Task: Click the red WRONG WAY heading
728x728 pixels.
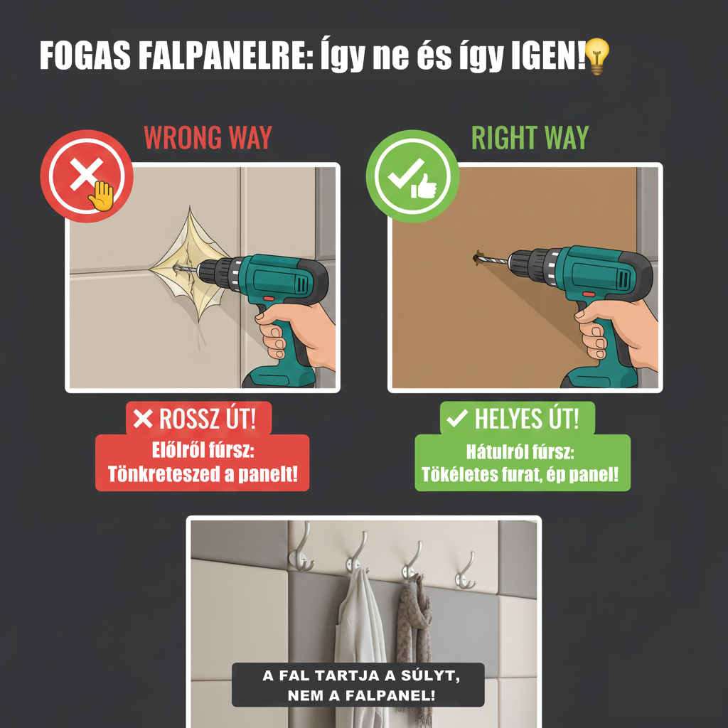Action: point(208,137)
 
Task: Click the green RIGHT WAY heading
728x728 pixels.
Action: point(530,137)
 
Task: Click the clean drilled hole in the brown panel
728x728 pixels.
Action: point(477,256)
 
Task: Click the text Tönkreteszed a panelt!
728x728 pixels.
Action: point(202,474)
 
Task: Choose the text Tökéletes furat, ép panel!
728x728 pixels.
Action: point(522,474)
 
